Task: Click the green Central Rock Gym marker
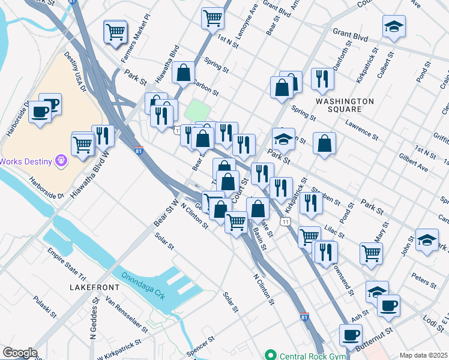point(271,356)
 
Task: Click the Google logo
point(20,353)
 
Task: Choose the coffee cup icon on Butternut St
point(351,334)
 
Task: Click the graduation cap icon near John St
point(426,241)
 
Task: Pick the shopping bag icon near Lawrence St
point(324,143)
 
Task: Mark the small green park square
point(198,110)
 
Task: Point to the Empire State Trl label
point(67,259)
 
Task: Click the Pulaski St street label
point(45,307)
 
